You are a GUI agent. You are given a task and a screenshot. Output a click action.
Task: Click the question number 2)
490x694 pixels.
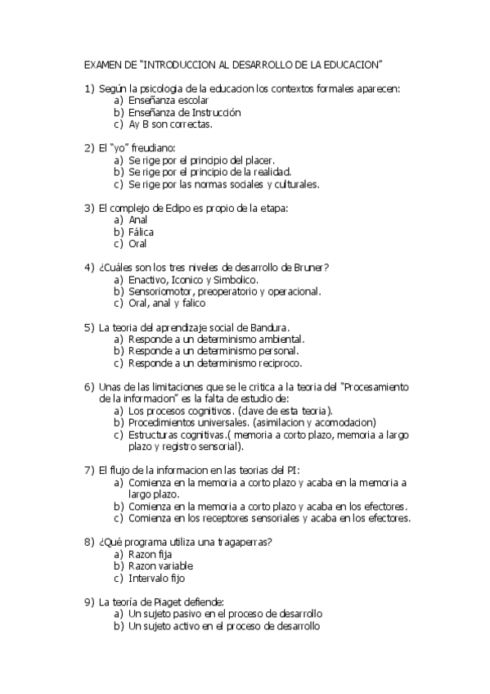coord(90,148)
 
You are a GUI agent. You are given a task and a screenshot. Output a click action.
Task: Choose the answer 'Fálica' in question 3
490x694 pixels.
coord(142,232)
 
